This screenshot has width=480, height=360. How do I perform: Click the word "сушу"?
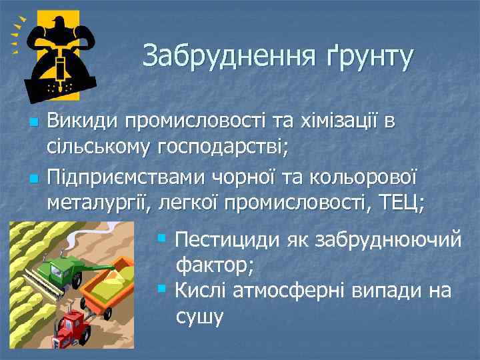coord(199,317)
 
